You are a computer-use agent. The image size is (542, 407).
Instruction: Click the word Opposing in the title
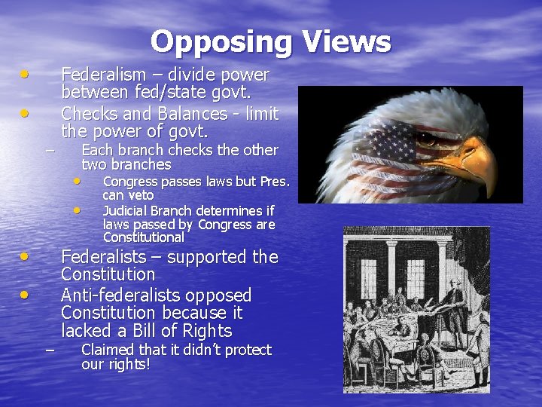click(221, 42)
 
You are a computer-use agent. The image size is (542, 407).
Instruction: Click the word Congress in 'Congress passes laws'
click(130, 182)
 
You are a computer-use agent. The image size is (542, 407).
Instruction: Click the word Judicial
click(126, 210)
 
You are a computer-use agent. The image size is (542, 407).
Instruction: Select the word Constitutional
click(143, 237)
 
